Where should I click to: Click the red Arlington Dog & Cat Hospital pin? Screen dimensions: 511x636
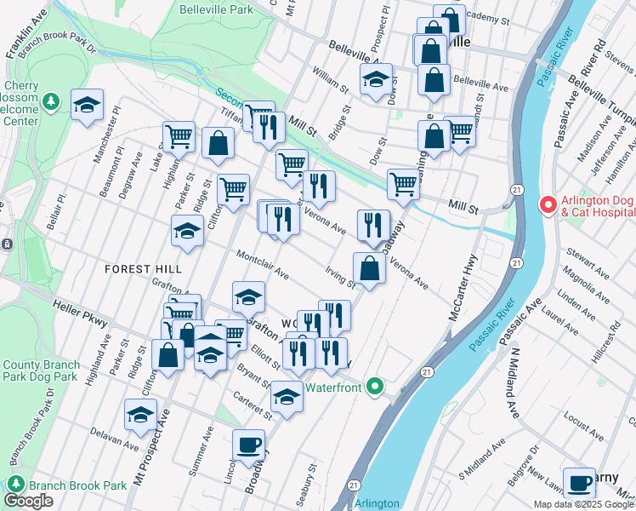(548, 206)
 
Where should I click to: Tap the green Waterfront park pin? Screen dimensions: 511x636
(375, 388)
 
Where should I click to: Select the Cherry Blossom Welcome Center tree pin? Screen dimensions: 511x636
(52, 102)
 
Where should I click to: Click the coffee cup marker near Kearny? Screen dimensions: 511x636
(579, 482)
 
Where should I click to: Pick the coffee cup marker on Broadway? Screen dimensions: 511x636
(249, 445)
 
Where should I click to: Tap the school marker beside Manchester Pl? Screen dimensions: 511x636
(87, 105)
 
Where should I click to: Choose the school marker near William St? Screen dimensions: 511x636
(376, 80)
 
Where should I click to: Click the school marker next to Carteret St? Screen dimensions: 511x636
(287, 396)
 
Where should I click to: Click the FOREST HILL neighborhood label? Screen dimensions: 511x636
(143, 268)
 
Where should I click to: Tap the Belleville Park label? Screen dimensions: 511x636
(217, 10)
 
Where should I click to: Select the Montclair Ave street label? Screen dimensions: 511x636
(263, 264)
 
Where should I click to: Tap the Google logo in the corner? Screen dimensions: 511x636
(29, 501)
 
